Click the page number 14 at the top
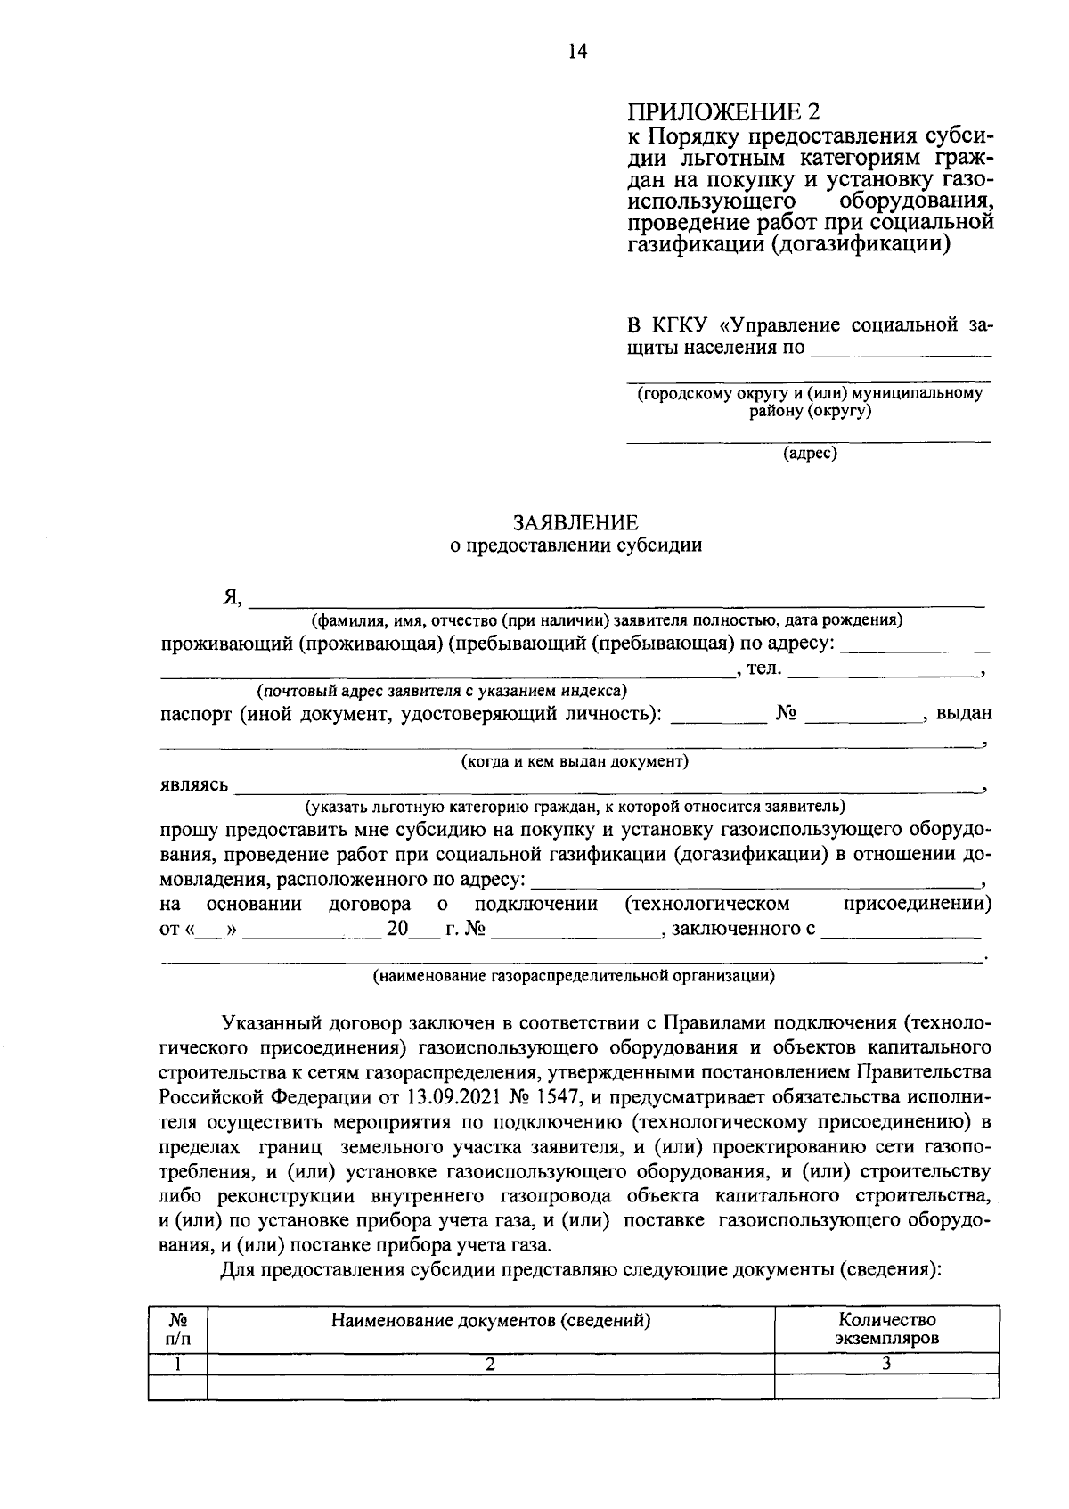577,52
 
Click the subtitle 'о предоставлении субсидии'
575,545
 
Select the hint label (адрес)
810,454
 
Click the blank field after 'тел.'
882,671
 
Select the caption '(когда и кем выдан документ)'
575,761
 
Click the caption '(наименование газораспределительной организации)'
574,975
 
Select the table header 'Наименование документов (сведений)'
490,1321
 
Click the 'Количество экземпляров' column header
886,1329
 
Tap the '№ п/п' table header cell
177,1329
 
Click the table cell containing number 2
490,1363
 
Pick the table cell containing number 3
886,1363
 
